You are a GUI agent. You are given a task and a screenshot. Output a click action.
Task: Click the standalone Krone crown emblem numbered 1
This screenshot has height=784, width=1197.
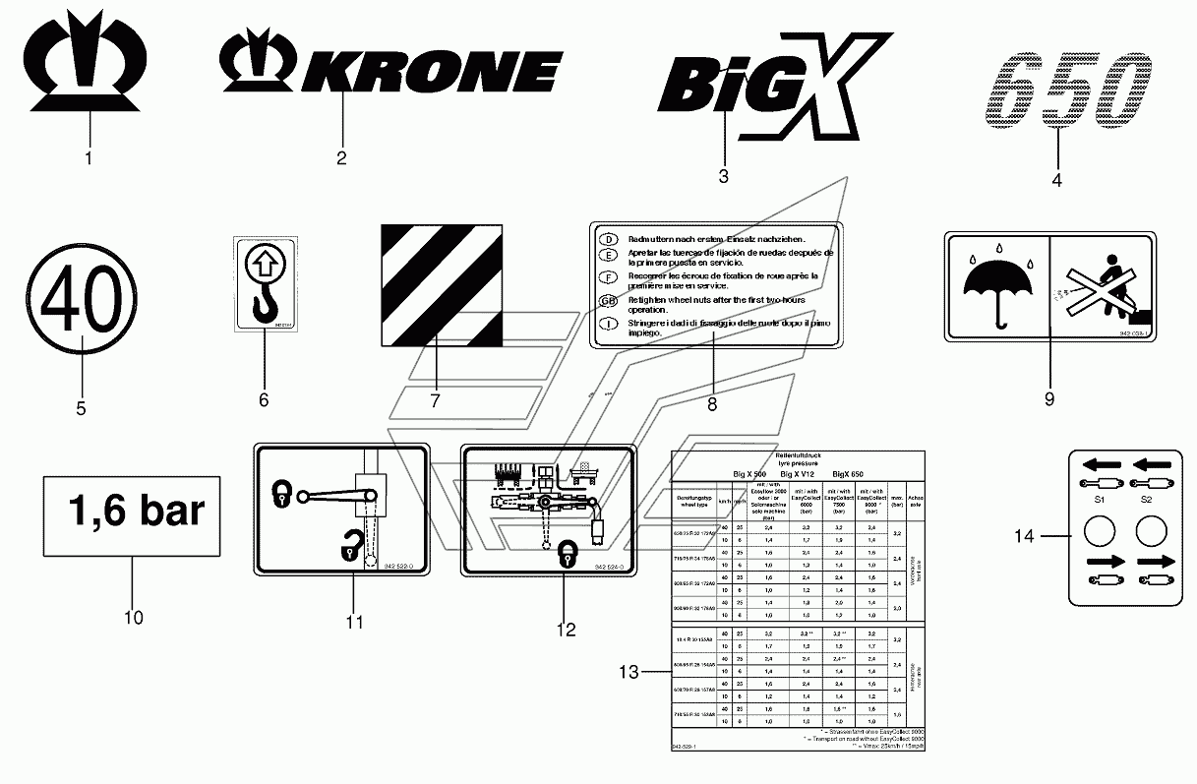89,59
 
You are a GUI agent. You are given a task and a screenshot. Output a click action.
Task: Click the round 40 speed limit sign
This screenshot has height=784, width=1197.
82,292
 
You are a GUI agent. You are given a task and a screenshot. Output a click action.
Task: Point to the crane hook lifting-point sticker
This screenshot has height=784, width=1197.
264,283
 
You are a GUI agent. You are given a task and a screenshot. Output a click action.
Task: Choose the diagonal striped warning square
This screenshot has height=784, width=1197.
442,286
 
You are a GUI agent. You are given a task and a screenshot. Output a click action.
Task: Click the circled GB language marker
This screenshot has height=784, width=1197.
609,301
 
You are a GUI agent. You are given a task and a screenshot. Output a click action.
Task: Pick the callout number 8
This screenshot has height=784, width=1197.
712,402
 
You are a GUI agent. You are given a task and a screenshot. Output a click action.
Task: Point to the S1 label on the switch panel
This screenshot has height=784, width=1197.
1101,501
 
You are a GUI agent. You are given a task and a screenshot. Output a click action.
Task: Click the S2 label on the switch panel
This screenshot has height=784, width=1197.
1146,501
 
